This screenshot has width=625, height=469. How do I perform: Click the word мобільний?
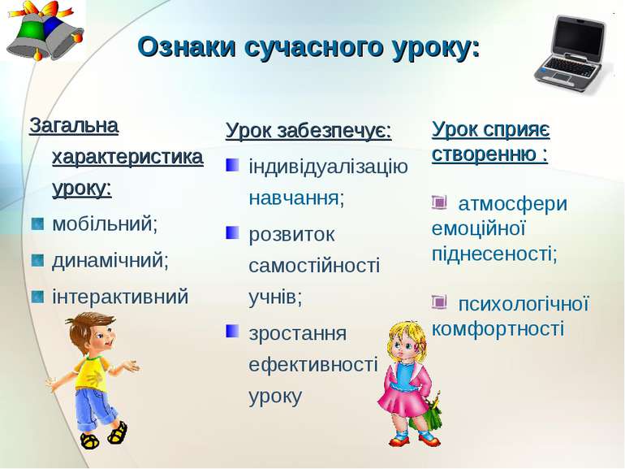[x=103, y=223]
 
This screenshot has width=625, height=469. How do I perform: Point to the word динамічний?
[x=109, y=260]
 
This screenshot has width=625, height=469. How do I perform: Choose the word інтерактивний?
[x=120, y=297]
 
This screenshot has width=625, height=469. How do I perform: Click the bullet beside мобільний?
[x=37, y=224]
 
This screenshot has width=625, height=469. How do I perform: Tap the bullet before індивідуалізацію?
[x=232, y=165]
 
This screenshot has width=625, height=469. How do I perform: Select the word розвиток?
[x=291, y=234]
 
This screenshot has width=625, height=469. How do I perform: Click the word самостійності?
[x=314, y=266]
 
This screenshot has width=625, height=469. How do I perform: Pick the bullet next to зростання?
[x=232, y=331]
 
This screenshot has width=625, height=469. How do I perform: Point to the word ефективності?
[x=312, y=364]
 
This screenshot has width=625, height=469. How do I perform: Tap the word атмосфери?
[x=513, y=203]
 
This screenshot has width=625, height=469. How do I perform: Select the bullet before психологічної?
[x=439, y=302]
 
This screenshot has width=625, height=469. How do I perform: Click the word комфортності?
[x=498, y=329]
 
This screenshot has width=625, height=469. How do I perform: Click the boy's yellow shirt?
[x=93, y=373]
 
